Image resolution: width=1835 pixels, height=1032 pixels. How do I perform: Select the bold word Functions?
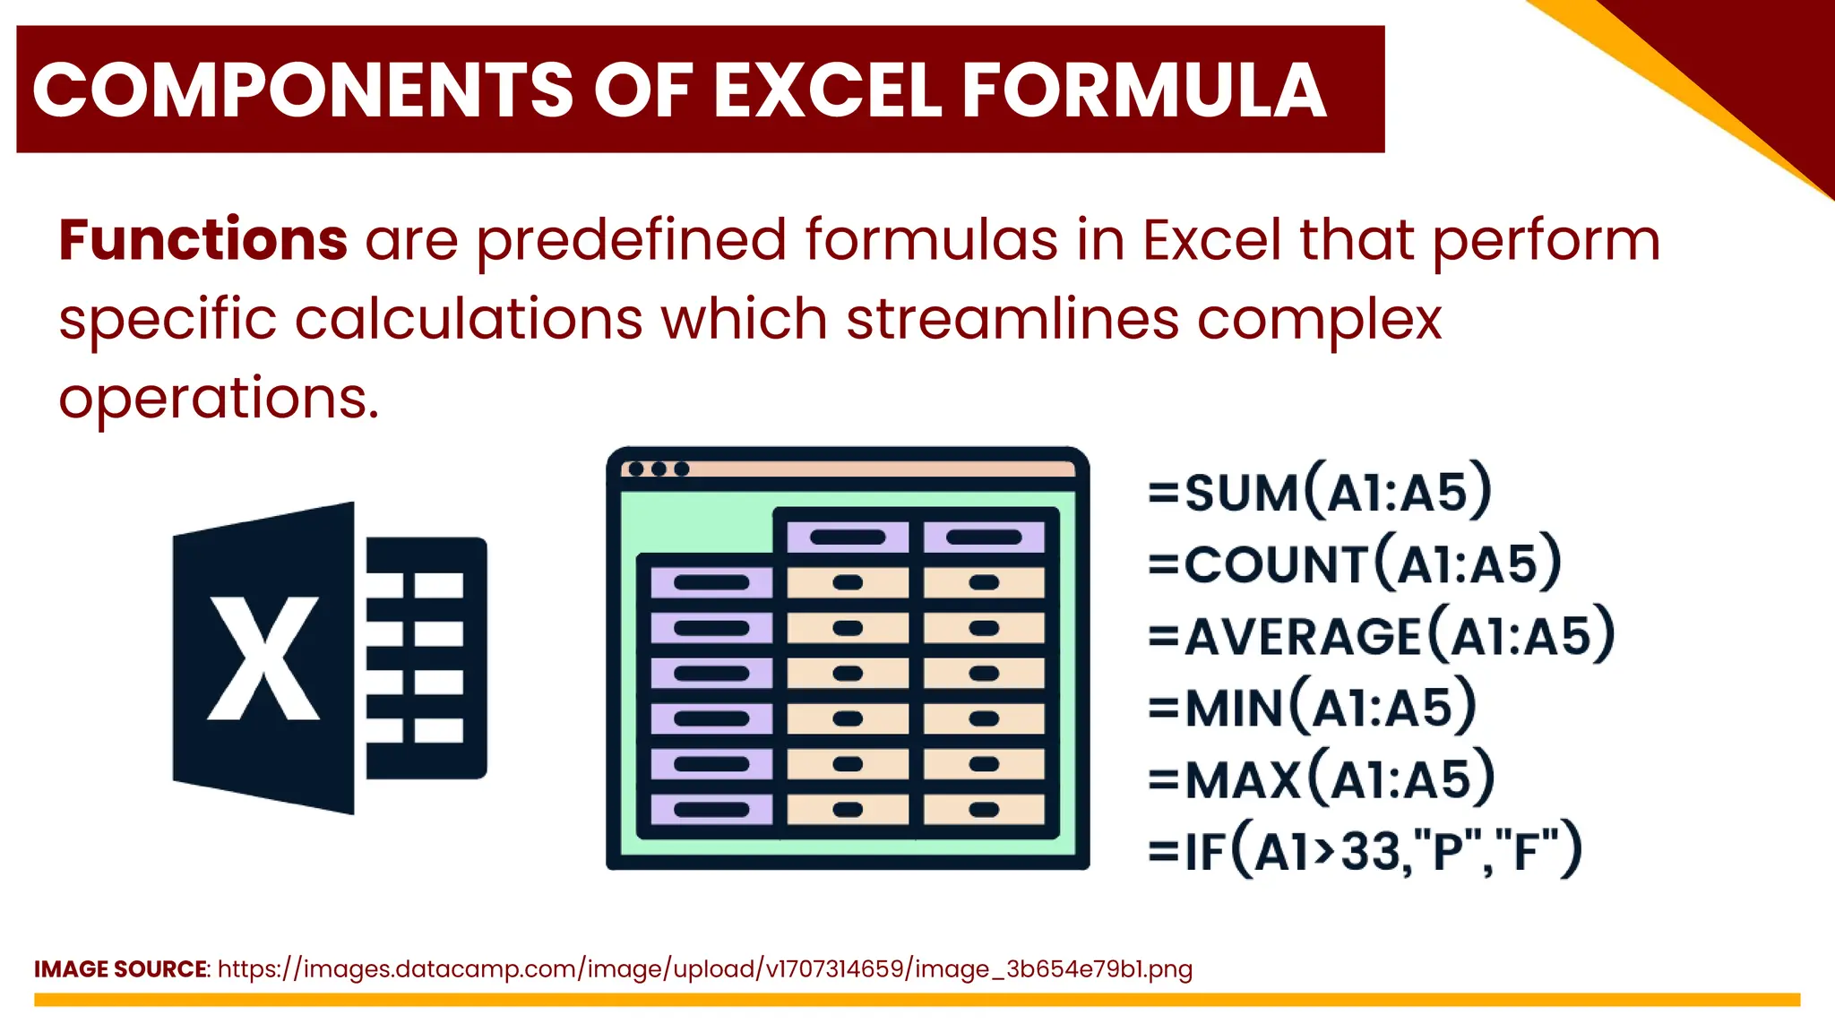coord(202,240)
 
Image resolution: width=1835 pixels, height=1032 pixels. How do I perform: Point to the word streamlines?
coord(1012,319)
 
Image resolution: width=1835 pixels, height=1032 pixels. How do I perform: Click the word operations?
coord(219,398)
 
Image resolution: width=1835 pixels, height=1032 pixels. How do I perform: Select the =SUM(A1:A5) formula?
coord(1320,491)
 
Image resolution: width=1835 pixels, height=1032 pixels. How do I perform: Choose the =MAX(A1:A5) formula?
coord(1322,778)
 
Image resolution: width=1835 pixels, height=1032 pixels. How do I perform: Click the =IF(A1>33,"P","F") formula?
coord(1365,850)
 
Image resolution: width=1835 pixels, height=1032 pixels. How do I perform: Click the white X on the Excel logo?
coord(263,658)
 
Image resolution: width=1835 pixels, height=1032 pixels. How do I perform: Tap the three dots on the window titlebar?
coord(659,469)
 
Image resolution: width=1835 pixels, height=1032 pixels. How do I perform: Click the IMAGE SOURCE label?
coord(121,969)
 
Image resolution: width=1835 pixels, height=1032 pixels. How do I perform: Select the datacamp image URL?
coord(704,969)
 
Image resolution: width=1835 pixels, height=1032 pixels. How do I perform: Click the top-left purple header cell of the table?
coord(847,537)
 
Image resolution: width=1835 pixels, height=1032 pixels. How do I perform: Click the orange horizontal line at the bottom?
coord(917,1000)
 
